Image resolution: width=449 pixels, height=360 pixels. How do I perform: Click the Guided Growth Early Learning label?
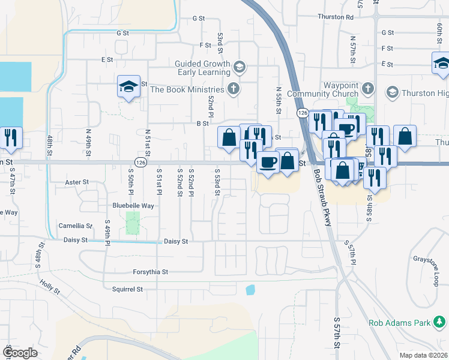(x=202, y=68)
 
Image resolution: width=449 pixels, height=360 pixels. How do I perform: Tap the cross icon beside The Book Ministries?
(x=234, y=90)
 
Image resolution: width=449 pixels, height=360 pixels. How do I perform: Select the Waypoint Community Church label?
(x=322, y=89)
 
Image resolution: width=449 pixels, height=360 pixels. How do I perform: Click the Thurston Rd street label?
(x=336, y=17)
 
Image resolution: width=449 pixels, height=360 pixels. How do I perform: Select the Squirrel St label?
(x=127, y=289)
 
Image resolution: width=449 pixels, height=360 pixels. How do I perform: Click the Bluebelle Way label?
(x=133, y=205)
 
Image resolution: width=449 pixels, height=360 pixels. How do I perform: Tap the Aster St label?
(x=76, y=182)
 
